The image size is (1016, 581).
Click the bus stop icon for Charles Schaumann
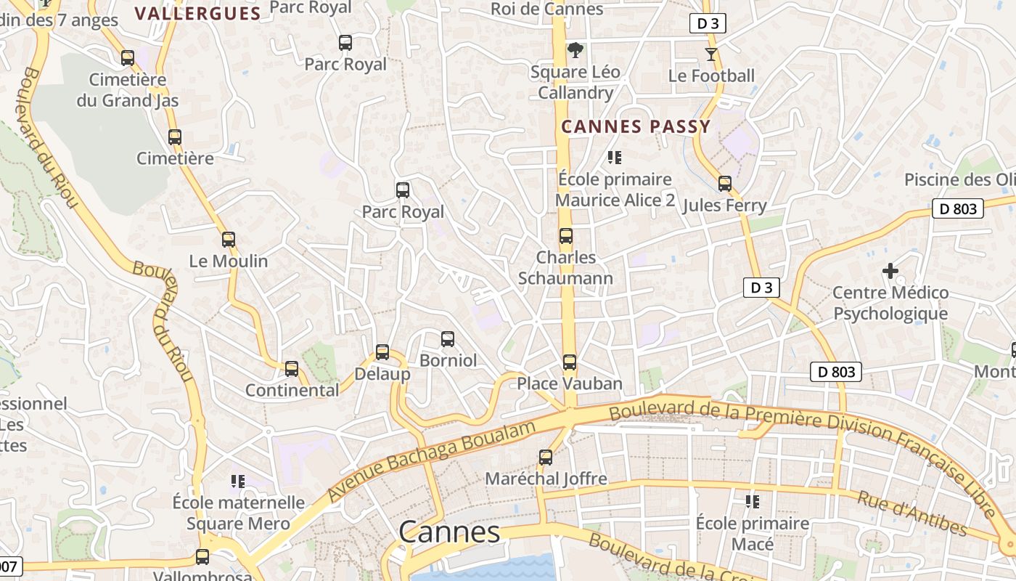pos(566,236)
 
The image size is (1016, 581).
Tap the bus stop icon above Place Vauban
pos(570,362)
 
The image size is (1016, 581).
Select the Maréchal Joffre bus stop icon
pos(546,458)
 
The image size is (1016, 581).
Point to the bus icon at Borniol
pos(448,338)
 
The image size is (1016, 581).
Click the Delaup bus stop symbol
pos(382,352)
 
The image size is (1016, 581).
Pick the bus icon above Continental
pos(292,368)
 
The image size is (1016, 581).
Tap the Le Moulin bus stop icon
pos(229,239)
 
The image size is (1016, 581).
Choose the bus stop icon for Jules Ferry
pos(724,184)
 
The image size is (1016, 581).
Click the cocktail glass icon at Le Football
pos(710,54)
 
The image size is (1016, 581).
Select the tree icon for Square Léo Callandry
pos(575,50)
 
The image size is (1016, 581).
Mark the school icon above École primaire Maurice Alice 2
pos(615,158)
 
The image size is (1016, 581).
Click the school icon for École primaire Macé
pos(752,501)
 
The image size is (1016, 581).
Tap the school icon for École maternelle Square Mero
pos(237,481)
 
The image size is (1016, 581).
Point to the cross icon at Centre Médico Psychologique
pos(890,271)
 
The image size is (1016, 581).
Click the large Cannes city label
pos(449,532)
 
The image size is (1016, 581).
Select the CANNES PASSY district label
pos(636,126)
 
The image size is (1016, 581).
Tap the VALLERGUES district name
pos(197,13)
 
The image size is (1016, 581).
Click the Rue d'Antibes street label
pos(912,513)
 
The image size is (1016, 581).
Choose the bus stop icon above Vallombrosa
pos(202,557)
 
